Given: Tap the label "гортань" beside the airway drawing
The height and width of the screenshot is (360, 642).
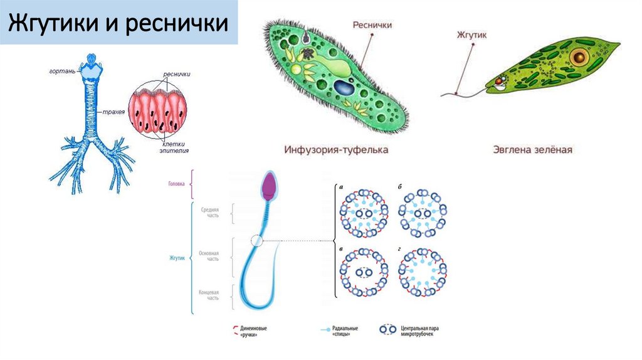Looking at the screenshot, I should click(63, 71).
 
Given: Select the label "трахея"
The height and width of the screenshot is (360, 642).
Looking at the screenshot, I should click(113, 112).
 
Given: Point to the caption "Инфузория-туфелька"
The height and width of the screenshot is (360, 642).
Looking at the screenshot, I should click(336, 150).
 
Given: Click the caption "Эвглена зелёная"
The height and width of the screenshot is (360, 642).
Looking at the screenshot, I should click(532, 150).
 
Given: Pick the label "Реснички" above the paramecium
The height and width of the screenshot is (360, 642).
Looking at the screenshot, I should click(372, 25).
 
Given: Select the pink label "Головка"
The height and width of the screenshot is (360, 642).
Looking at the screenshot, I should click(177, 184).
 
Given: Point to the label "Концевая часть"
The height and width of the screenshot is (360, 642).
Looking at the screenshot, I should click(209, 295).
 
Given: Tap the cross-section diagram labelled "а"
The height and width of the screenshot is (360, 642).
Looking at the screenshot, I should click(364, 214).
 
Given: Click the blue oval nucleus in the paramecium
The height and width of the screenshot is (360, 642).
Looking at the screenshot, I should click(344, 87).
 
